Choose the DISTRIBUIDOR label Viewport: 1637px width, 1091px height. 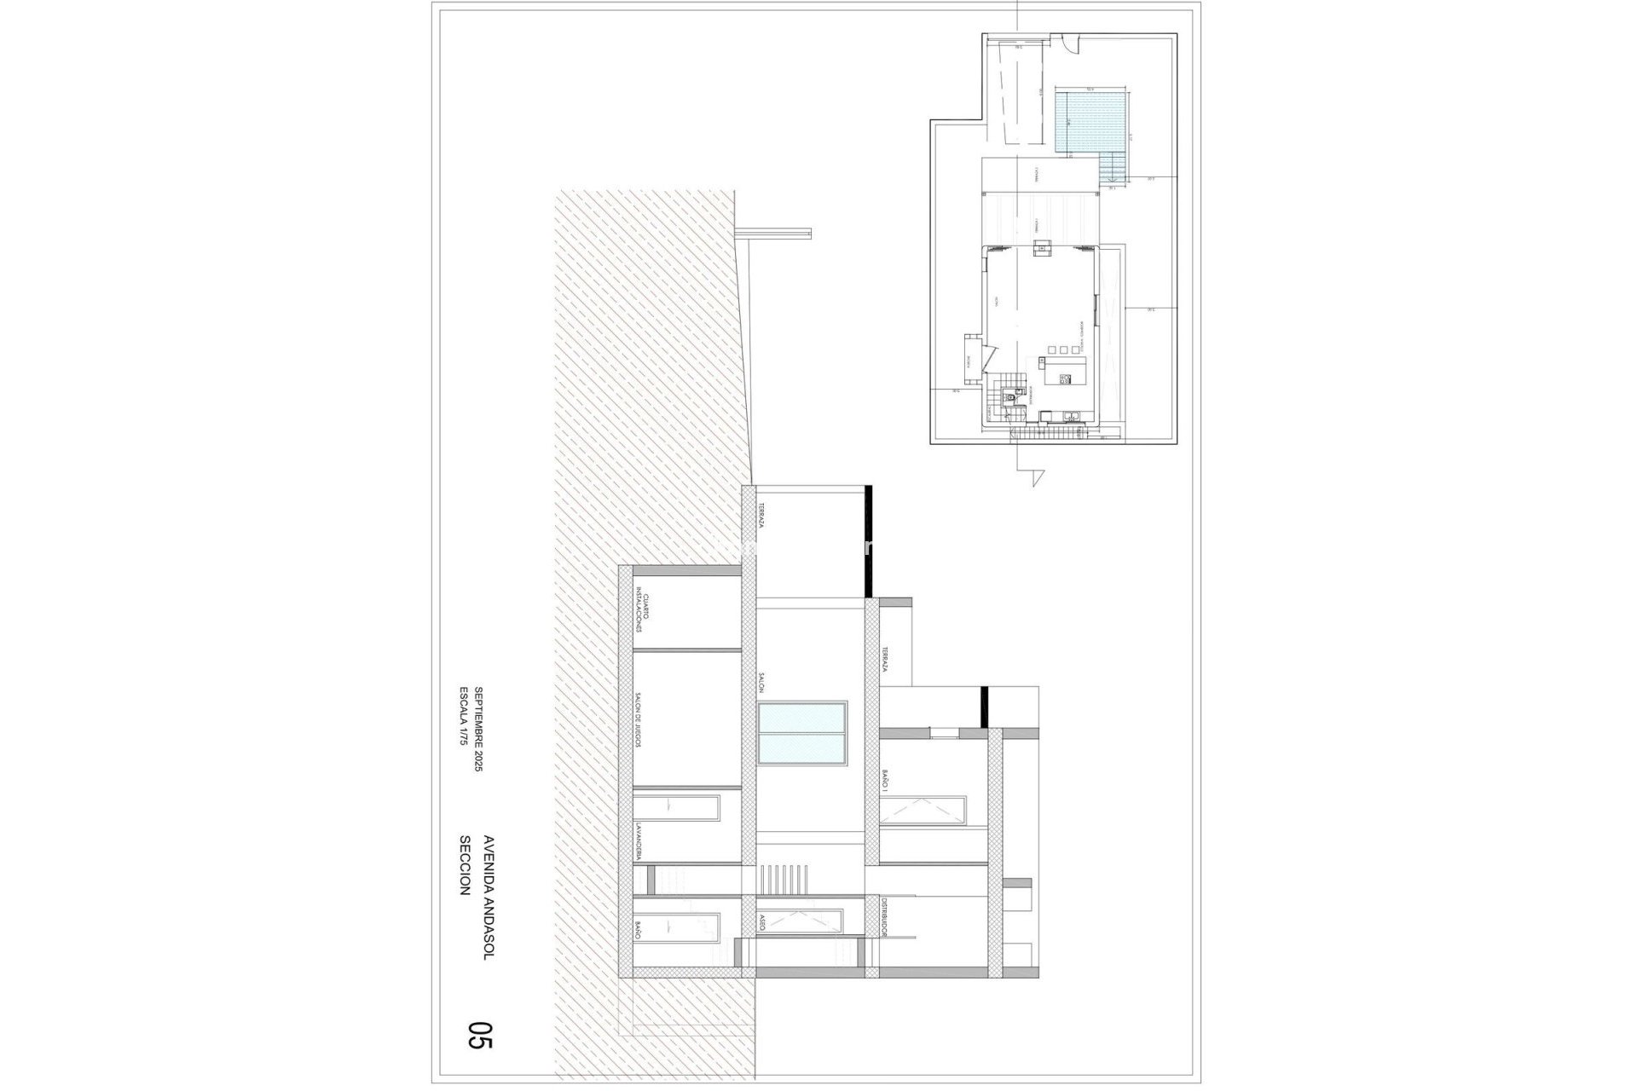[x=886, y=943]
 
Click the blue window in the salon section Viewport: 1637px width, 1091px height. [x=801, y=733]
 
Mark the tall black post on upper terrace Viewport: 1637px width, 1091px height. [x=867, y=540]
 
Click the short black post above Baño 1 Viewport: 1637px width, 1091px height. [x=983, y=707]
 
